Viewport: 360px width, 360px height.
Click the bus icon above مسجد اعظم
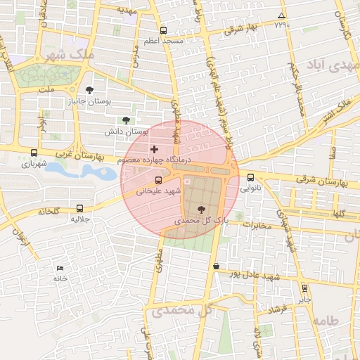(164, 30)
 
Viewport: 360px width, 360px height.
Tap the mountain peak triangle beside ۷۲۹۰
(281, 15)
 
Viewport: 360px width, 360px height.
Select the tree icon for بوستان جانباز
(89, 89)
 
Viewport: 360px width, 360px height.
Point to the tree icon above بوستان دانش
(126, 120)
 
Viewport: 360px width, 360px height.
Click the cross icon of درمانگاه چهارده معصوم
(155, 149)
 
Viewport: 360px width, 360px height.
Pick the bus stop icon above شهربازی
(34, 153)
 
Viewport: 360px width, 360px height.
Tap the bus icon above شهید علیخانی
(158, 180)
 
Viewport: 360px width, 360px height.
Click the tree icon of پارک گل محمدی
(202, 209)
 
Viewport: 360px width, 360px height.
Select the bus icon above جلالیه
(79, 208)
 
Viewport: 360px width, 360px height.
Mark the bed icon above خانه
(60, 268)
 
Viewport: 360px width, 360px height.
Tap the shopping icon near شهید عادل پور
(216, 266)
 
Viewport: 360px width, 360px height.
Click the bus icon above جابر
(304, 288)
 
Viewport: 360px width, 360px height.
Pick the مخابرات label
(257, 225)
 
